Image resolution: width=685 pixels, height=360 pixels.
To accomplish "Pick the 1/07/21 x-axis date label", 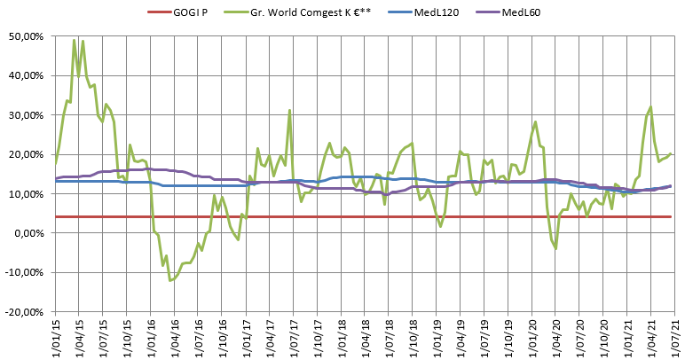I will [677, 337].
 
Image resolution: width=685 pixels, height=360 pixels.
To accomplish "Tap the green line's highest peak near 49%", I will [74, 40].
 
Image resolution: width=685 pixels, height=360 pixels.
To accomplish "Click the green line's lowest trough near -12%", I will [169, 280].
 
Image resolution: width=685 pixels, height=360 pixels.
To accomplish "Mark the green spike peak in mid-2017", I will [290, 110].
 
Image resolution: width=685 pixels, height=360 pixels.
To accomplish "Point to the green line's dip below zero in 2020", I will [556, 247].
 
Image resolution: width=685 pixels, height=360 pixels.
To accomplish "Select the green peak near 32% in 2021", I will [650, 107].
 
